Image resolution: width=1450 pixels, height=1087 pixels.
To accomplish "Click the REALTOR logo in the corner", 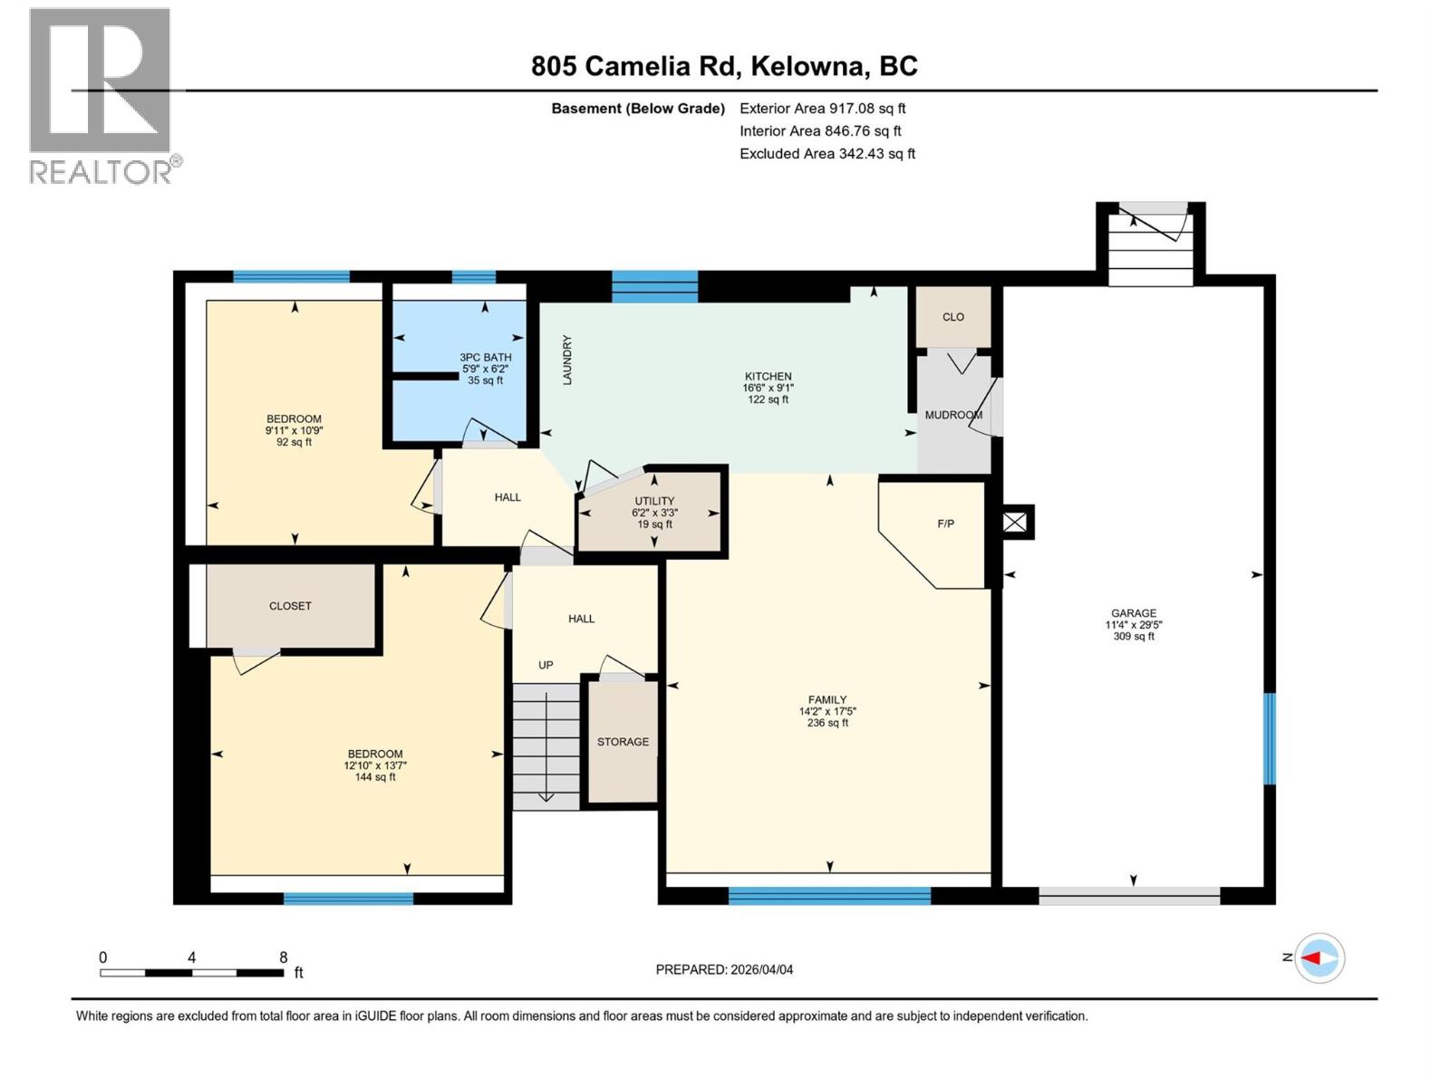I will pos(101,95).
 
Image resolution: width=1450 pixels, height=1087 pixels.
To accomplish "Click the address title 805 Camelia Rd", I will pos(724,66).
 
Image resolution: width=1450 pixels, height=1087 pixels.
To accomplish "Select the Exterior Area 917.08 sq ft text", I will pos(822,108).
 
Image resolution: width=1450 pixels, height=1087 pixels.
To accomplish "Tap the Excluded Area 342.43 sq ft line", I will pos(826,153).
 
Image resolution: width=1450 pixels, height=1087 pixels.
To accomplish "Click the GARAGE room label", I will pos(1133,613).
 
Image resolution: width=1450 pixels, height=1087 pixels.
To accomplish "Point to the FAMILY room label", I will pos(827,699).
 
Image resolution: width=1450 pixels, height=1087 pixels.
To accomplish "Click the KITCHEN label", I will pos(768,376).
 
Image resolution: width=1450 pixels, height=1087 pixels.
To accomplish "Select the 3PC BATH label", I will pos(485,357).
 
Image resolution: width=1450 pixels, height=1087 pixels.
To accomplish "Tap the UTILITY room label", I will pos(653,501).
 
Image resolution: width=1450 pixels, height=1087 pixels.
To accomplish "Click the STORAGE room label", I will pos(623,742).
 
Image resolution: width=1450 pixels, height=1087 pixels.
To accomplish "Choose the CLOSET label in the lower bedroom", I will pos(290,606).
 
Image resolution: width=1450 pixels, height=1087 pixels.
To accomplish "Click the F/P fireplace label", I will pos(945,524).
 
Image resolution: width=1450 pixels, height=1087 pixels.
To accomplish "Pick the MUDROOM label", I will pos(953,415).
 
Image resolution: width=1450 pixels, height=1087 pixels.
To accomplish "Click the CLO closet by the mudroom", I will pos(952,317).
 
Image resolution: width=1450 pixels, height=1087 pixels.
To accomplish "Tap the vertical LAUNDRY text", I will pos(567,361).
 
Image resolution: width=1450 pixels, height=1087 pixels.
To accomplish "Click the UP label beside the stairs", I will pos(546,665).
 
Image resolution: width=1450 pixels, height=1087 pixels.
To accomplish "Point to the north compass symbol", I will pos(1319,957).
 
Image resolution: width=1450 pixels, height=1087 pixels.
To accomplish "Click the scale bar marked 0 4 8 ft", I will pos(191,972).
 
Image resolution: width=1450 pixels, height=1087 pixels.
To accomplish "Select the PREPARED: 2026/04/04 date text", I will pos(724,969).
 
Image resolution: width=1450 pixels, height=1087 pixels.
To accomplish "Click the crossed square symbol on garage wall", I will pos(1015,522).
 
